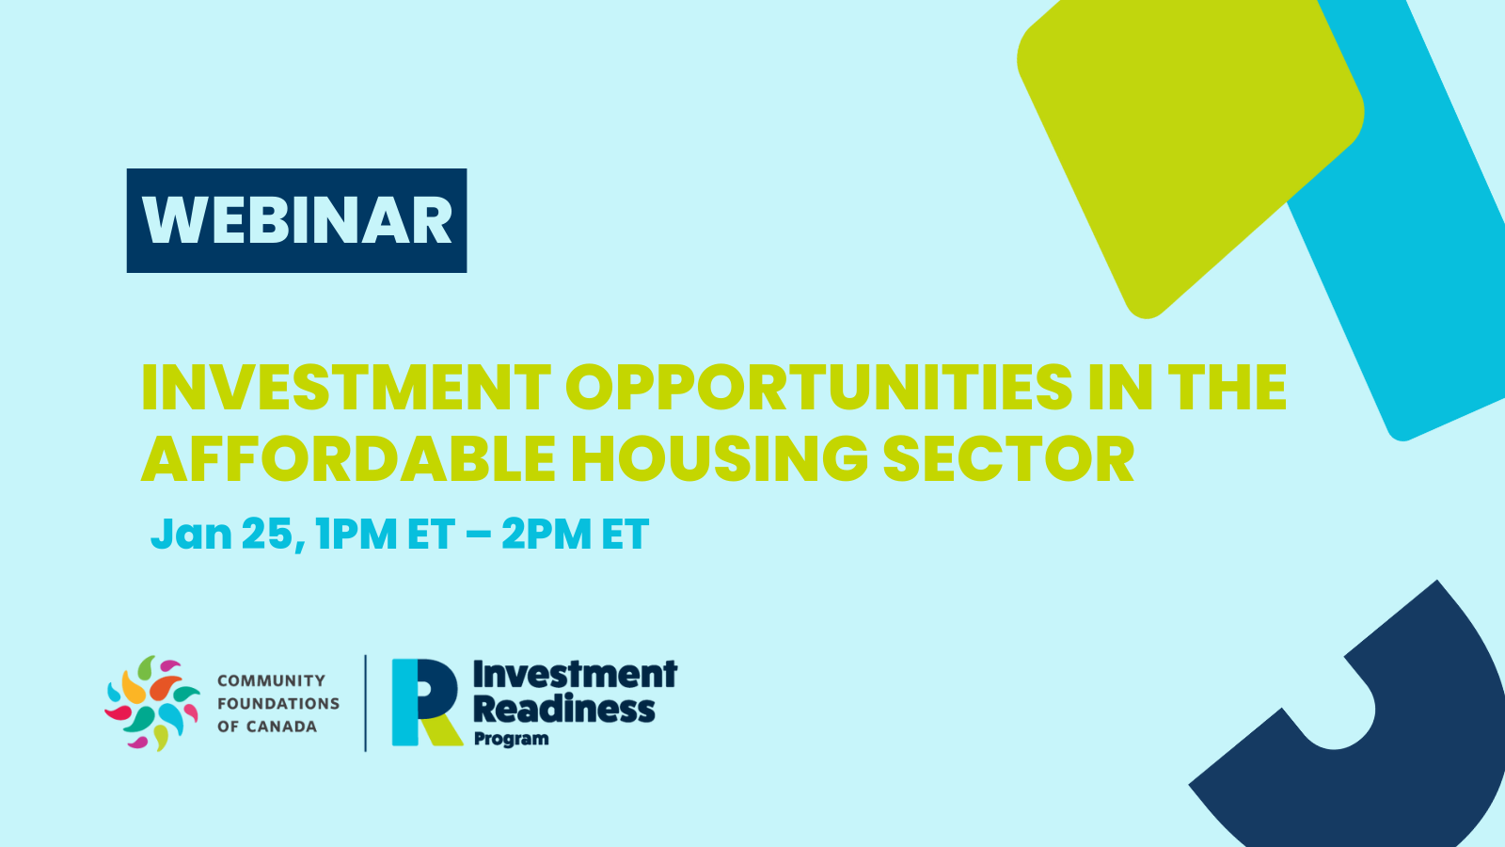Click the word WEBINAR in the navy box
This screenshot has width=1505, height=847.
pos(296,220)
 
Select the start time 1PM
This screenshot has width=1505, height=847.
pos(356,535)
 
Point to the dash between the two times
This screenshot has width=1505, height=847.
pos(478,535)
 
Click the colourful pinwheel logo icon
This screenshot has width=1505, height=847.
pos(152,703)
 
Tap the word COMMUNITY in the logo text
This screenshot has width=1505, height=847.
pos(272,681)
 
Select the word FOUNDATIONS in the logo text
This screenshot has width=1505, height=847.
pos(278,704)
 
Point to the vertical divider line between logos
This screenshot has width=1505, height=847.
pos(366,703)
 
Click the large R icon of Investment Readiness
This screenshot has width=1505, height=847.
pos(427,702)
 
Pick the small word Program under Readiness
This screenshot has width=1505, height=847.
pos(512,739)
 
